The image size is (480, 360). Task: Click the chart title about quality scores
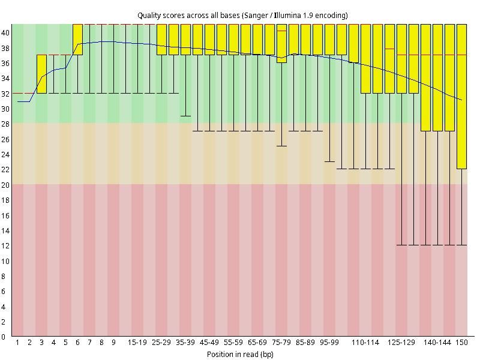[242, 16]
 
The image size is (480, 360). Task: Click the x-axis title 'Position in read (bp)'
[240, 354]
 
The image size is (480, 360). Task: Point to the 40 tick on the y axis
[5, 33]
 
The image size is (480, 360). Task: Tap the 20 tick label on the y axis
[5, 185]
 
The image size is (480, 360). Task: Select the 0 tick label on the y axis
[4, 337]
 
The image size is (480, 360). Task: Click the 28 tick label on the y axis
[5, 124]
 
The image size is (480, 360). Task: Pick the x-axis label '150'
[461, 342]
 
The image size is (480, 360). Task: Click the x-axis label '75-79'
[281, 342]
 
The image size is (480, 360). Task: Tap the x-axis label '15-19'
[137, 342]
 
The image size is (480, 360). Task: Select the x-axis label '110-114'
[365, 342]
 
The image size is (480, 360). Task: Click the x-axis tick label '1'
[17, 342]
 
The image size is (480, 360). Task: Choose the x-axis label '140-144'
[437, 342]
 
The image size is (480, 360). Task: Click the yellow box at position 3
[41, 74]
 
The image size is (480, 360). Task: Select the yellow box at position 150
[461, 97]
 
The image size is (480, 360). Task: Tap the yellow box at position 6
[78, 40]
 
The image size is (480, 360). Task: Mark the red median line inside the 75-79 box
[281, 31]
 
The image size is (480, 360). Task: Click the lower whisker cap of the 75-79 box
[281, 146]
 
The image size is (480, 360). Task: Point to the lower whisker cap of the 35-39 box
[185, 116]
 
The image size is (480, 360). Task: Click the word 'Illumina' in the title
[287, 15]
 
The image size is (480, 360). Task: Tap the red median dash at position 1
[17, 93]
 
